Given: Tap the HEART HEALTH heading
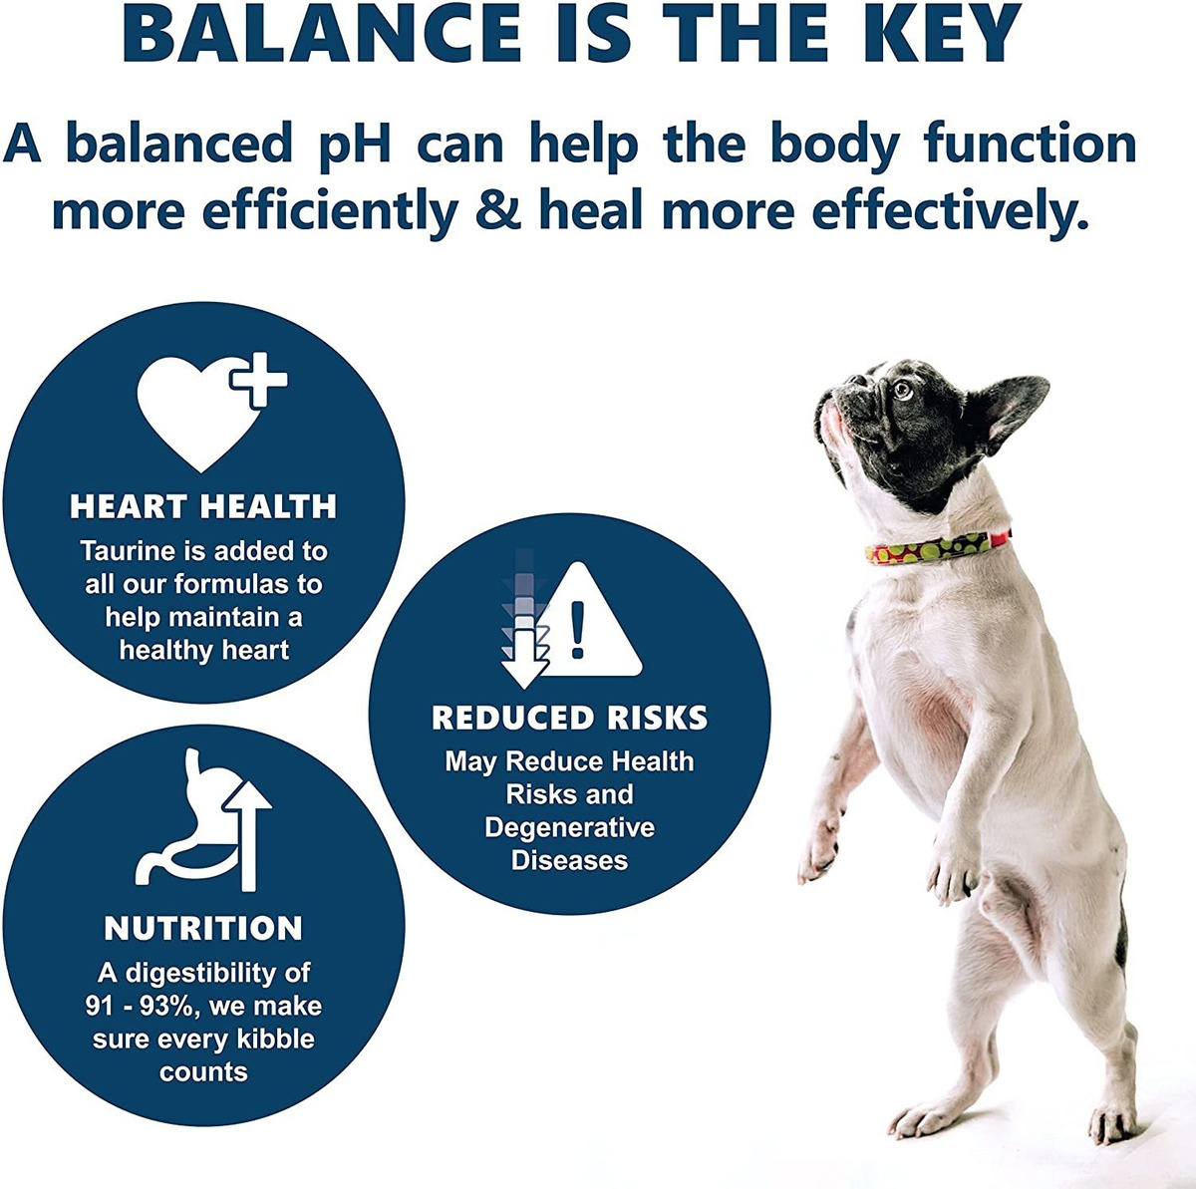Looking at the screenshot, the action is click(203, 506).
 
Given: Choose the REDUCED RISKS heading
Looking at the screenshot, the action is click(570, 718).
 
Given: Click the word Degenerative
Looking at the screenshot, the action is click(570, 827).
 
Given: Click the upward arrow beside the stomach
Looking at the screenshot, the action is click(248, 835).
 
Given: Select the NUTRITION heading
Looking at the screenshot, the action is click(203, 929).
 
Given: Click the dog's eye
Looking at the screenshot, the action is click(902, 391).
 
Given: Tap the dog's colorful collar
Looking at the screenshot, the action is click(937, 547).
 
